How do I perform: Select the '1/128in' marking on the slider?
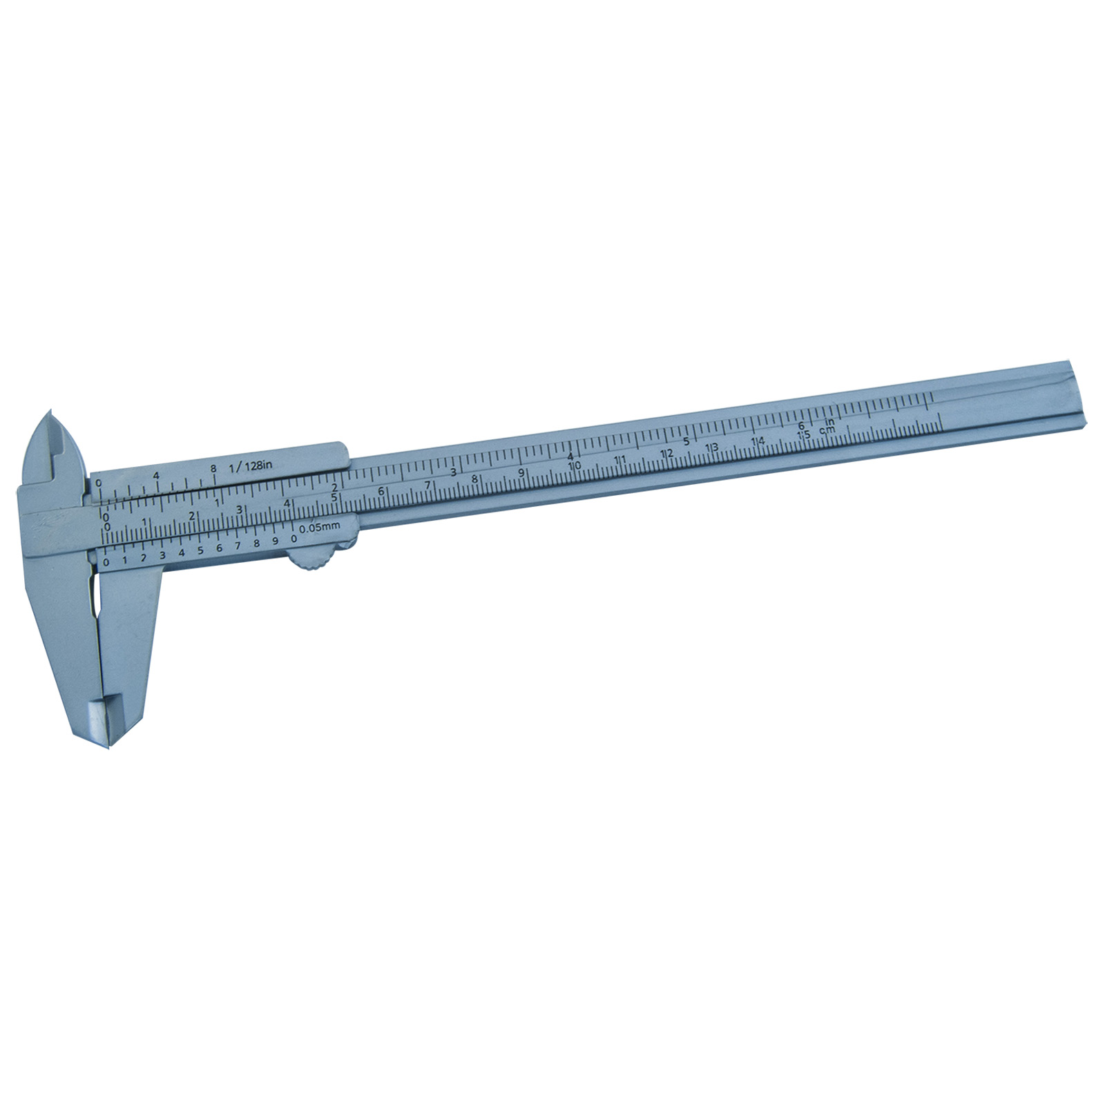(252, 465)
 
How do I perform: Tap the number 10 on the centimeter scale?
(573, 466)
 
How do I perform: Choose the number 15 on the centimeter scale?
(803, 436)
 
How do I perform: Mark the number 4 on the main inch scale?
(570, 456)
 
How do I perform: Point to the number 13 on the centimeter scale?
(711, 448)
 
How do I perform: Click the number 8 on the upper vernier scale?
(214, 469)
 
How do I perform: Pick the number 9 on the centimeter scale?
(521, 473)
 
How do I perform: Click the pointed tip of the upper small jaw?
(50, 414)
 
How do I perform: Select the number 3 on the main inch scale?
(453, 472)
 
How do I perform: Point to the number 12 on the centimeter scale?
(666, 454)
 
